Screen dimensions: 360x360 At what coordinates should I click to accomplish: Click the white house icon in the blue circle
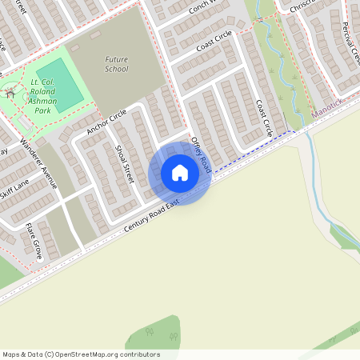180,173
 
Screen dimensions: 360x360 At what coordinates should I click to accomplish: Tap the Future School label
116,64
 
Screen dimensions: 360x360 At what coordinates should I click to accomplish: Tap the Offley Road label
200,154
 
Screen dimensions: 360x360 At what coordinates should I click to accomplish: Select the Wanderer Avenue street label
39,163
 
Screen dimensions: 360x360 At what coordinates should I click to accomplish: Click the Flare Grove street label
33,240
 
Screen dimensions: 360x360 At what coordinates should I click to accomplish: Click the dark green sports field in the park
59,84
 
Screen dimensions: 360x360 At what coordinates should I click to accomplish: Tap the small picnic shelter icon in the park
10,94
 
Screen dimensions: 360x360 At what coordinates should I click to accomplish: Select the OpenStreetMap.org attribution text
80,354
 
